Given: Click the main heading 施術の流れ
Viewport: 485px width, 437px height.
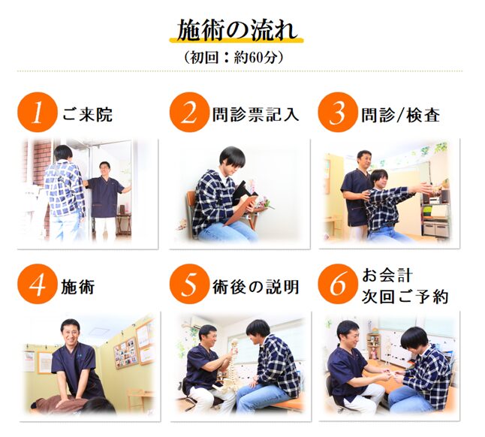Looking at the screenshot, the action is click(x=237, y=30).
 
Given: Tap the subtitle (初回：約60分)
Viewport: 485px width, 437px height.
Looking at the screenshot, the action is click(x=233, y=57).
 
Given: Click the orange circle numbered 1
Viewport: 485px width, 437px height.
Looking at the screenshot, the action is click(x=38, y=113).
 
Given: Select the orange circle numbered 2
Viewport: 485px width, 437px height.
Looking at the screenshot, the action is click(x=189, y=113).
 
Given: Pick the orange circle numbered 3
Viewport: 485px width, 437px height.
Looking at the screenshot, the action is click(x=338, y=113).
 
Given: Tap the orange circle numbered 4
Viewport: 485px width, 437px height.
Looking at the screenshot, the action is click(x=38, y=284).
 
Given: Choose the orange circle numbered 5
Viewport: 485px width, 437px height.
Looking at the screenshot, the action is click(x=189, y=284).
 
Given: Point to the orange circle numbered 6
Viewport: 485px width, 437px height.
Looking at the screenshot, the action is click(x=338, y=284).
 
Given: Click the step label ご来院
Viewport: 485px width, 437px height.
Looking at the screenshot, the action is click(x=88, y=115).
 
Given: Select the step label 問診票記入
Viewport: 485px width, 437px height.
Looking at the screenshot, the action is click(x=255, y=115).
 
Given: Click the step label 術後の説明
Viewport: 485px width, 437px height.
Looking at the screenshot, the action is click(x=255, y=287).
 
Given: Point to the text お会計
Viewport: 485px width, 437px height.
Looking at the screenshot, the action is click(x=387, y=276).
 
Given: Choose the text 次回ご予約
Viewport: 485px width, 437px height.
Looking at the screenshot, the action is click(x=405, y=297).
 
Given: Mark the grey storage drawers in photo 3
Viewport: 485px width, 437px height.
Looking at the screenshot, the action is click(x=436, y=229).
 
